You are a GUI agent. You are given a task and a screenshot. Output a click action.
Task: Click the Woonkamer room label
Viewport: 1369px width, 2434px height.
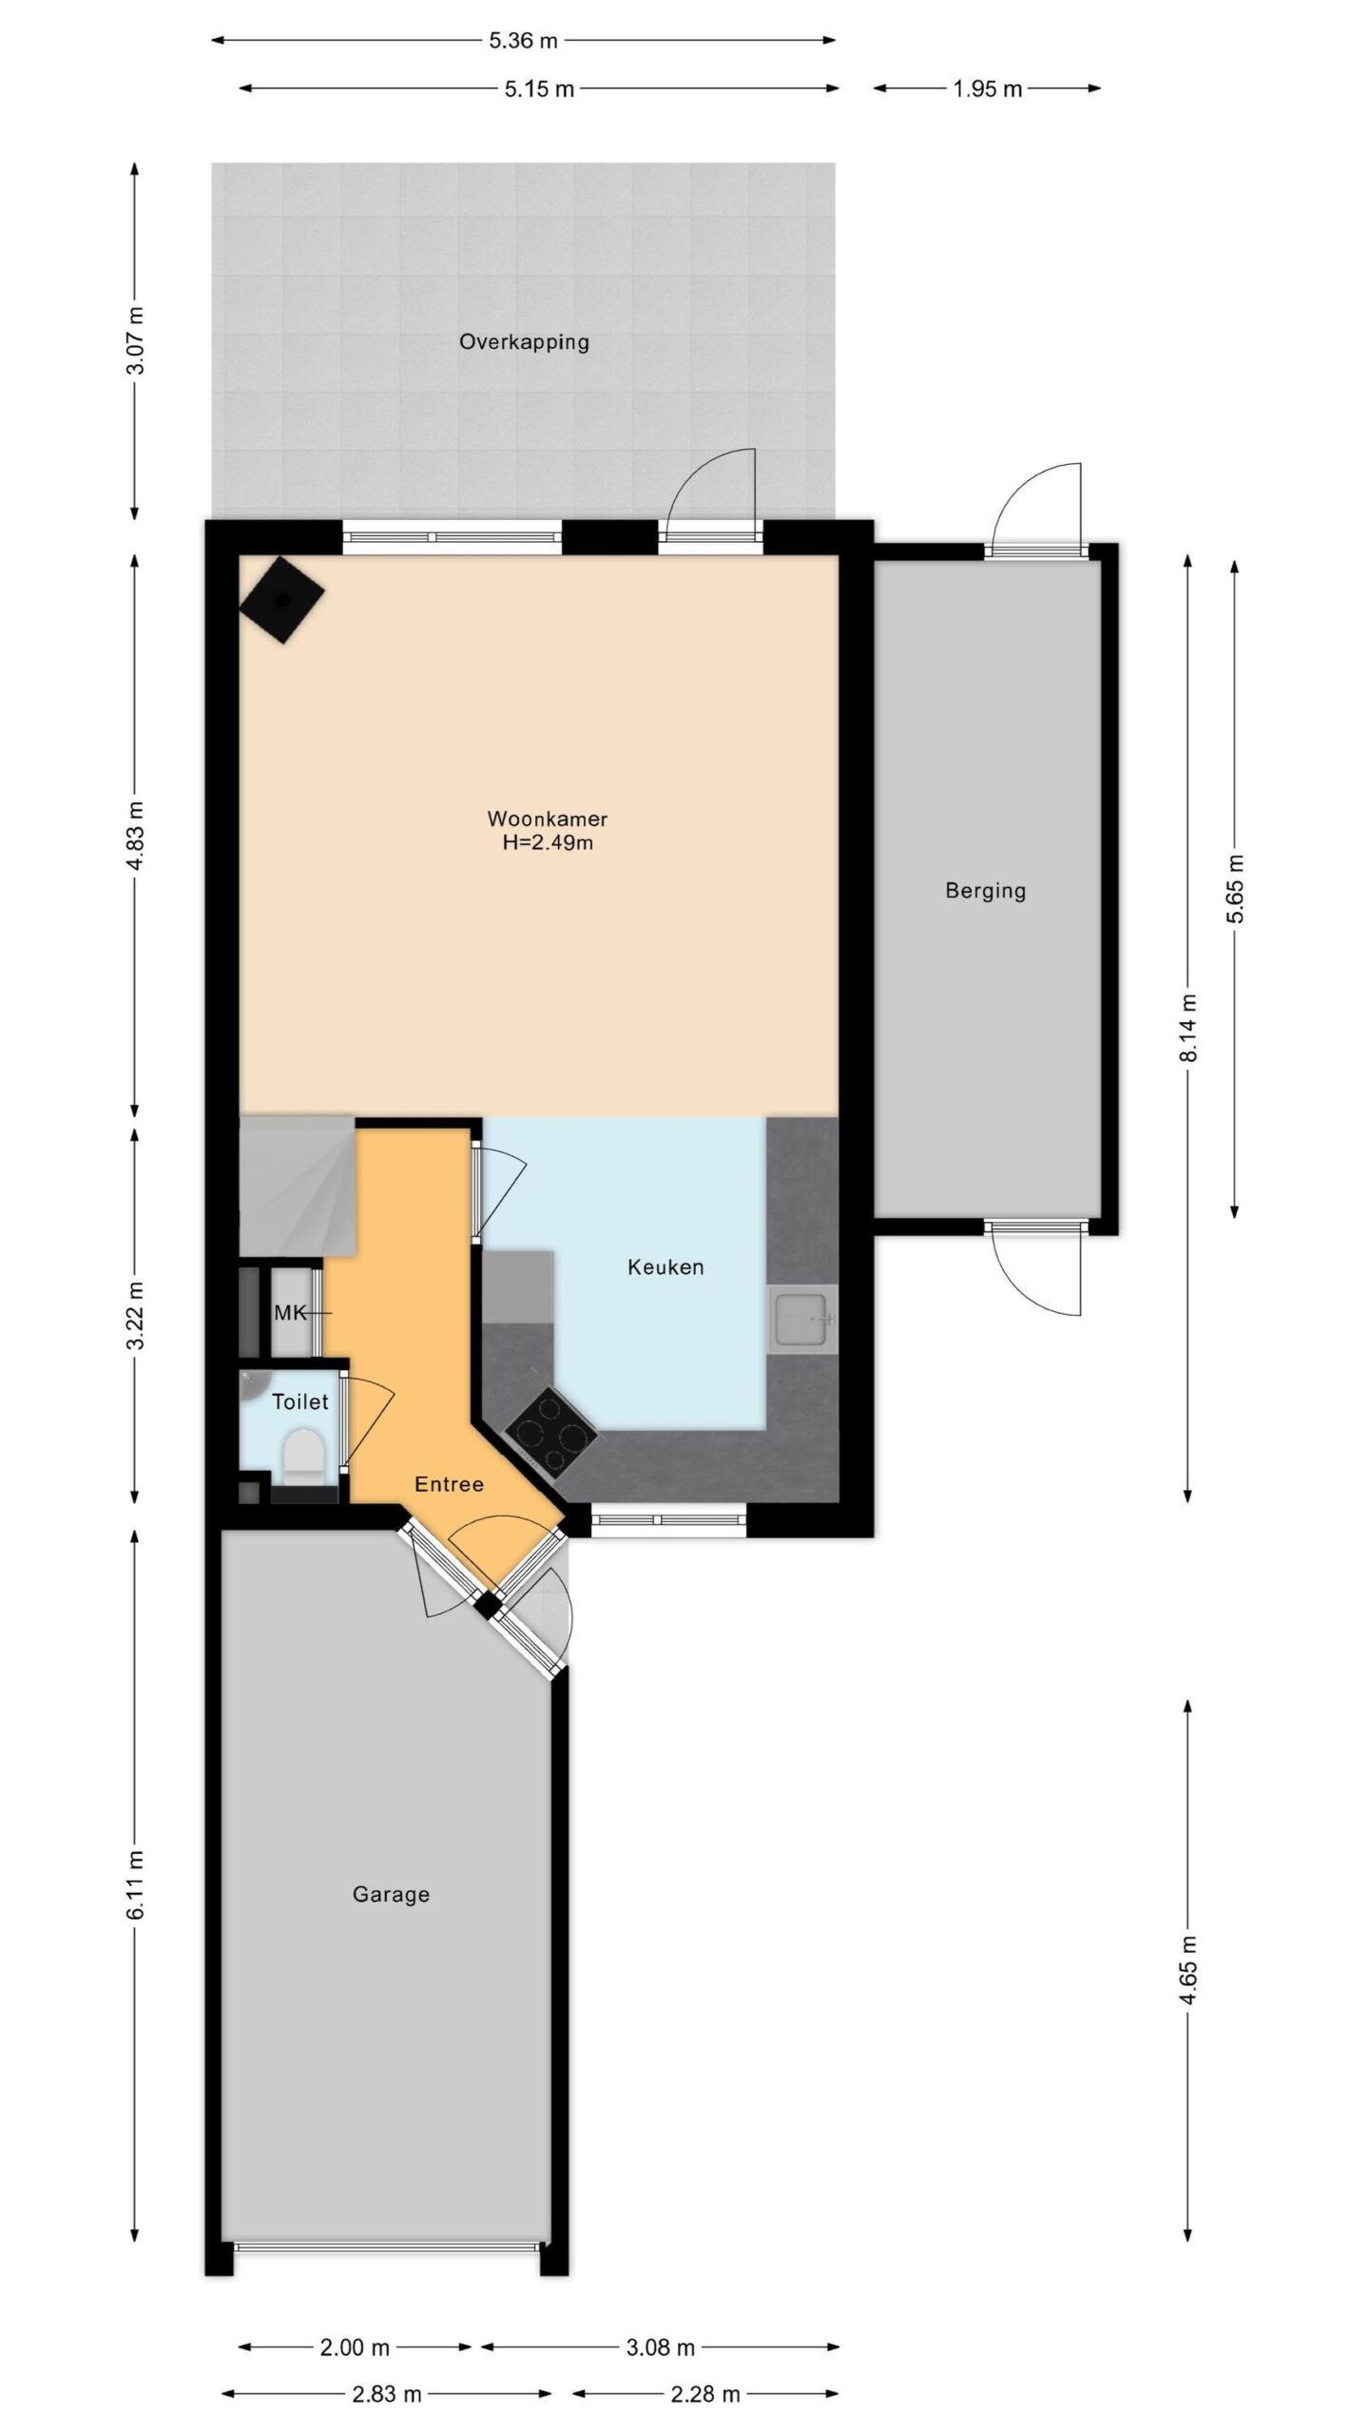click(547, 819)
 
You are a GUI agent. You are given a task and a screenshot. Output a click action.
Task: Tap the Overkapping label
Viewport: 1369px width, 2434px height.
click(524, 342)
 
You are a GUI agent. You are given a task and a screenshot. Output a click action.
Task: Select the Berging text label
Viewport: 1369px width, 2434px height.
click(985, 892)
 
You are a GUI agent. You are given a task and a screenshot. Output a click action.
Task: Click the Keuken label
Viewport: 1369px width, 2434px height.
click(665, 1266)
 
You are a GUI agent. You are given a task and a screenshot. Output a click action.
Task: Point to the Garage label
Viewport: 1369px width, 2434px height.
click(391, 1894)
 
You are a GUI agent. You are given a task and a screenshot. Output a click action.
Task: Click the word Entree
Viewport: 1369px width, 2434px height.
click(449, 1484)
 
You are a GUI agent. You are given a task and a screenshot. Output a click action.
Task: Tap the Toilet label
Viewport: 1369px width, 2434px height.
click(300, 1401)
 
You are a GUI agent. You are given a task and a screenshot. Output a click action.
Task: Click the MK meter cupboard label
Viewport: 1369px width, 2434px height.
click(290, 1313)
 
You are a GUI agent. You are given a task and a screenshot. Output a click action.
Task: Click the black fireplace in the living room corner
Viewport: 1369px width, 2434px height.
click(281, 600)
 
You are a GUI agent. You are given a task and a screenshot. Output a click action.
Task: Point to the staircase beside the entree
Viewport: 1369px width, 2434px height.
click(297, 1186)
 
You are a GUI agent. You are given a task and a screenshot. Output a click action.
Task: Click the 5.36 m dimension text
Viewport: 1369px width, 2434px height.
click(523, 40)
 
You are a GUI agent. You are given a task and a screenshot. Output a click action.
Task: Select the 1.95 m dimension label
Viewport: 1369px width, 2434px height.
click(987, 88)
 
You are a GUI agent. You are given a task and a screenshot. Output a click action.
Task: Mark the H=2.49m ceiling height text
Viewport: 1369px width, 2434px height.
click(548, 842)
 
